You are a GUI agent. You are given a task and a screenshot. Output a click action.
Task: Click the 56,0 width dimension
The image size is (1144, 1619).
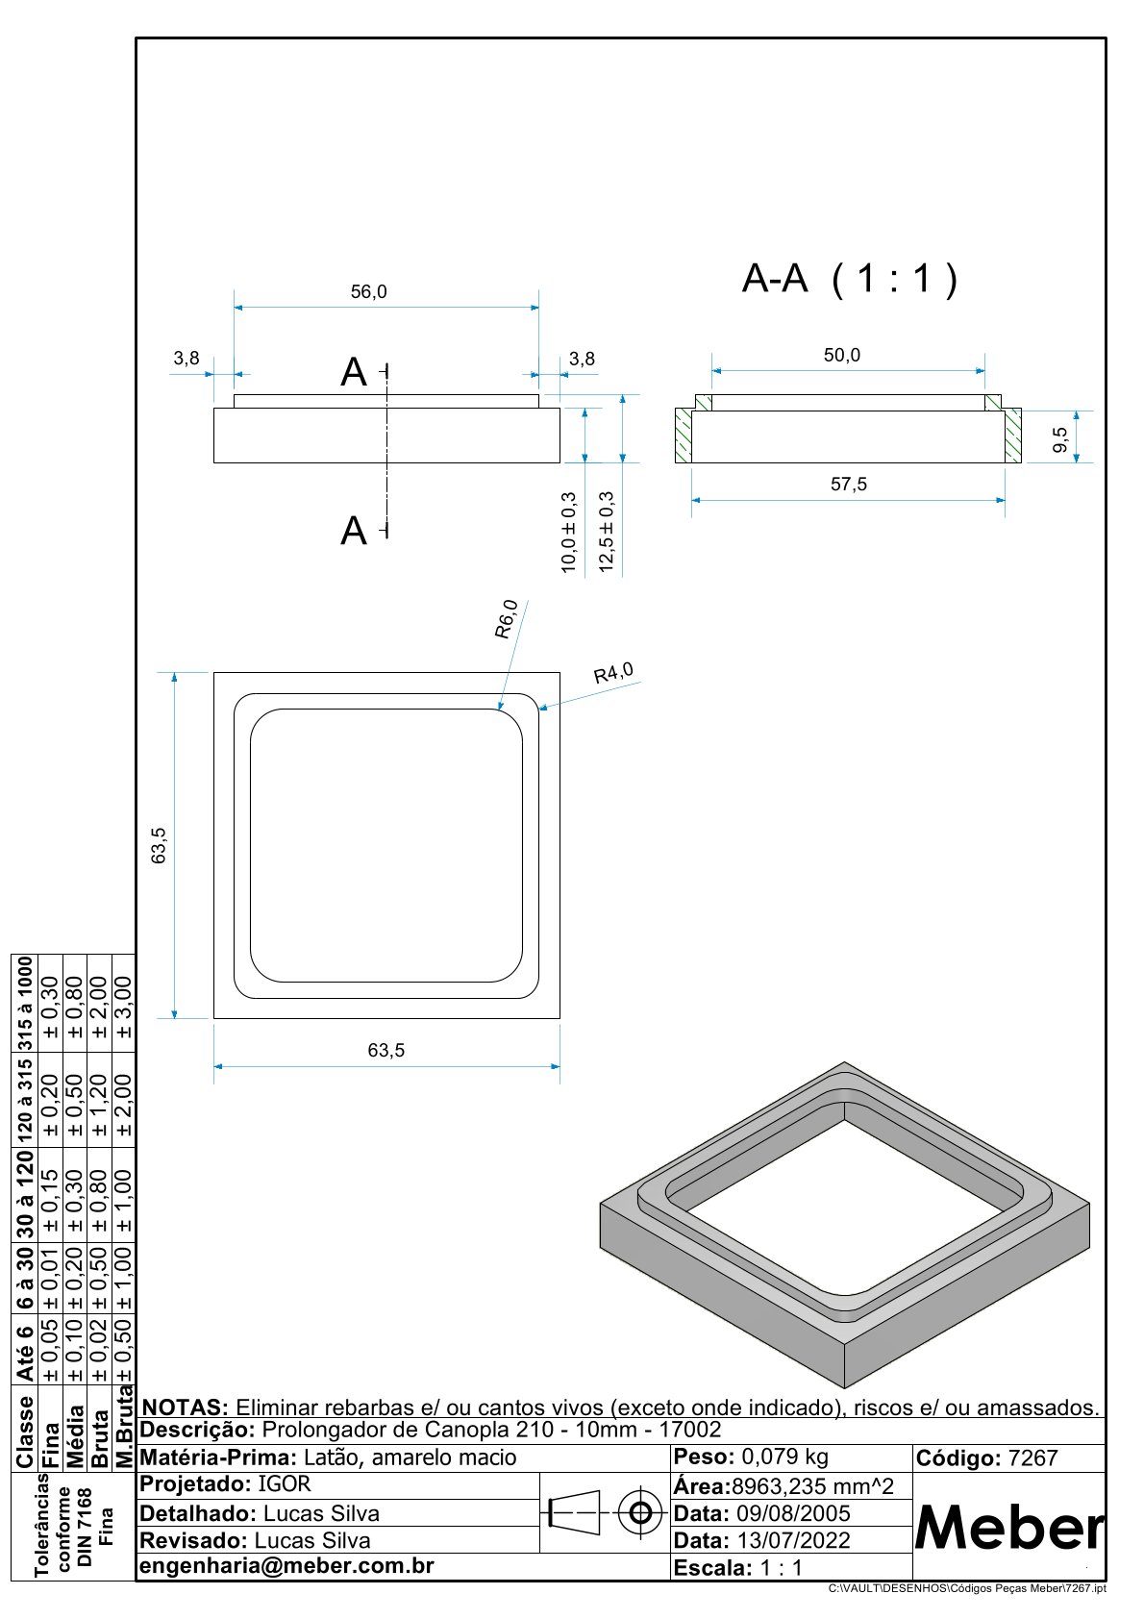pyautogui.click(x=368, y=292)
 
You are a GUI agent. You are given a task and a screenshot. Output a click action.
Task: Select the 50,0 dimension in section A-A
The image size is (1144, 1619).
pyautogui.click(x=842, y=356)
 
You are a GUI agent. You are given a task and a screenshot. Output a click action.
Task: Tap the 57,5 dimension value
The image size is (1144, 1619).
pyautogui.click(x=849, y=485)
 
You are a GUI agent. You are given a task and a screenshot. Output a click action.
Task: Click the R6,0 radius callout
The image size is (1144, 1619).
pyautogui.click(x=508, y=619)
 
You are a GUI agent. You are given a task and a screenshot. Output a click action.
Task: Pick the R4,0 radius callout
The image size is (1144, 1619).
pyautogui.click(x=613, y=673)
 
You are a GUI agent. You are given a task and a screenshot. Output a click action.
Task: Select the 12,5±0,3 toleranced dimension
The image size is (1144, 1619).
pyautogui.click(x=607, y=532)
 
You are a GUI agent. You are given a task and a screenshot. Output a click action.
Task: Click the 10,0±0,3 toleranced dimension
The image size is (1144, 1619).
pyautogui.click(x=568, y=533)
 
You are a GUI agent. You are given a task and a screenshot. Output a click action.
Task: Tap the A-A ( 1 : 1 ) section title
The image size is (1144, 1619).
pyautogui.click(x=850, y=279)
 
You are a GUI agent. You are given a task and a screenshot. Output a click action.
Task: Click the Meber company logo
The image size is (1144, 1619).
pyautogui.click(x=1008, y=1526)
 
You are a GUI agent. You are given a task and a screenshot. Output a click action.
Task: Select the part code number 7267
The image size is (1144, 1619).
pyautogui.click(x=1032, y=1458)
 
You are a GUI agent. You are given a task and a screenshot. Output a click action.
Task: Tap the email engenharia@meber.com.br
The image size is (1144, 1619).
pyautogui.click(x=287, y=1565)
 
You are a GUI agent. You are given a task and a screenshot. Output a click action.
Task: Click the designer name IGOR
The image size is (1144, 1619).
pyautogui.click(x=285, y=1484)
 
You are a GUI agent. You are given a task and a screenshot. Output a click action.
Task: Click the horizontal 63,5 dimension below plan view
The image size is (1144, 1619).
pyautogui.click(x=386, y=1051)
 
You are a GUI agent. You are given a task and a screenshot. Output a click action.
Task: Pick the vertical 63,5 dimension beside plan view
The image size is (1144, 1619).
pyautogui.click(x=160, y=845)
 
